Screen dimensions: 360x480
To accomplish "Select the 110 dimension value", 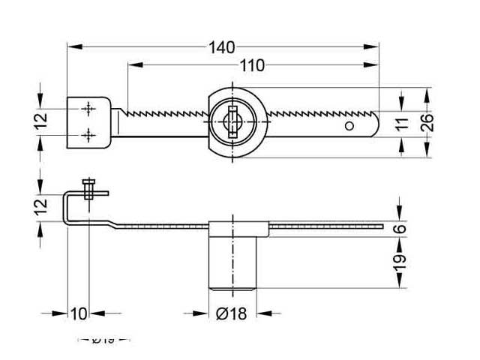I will point(252,66).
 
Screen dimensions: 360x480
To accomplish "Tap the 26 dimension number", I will point(424,123).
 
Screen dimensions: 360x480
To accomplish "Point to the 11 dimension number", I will point(403,123).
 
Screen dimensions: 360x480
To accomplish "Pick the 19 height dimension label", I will point(400,260).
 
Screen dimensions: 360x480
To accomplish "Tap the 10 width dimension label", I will point(78,313).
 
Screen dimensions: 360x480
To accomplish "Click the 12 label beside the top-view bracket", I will point(41,121).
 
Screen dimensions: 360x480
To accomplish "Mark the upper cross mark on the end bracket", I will point(90,109).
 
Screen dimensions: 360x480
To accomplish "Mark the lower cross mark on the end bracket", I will point(90,134).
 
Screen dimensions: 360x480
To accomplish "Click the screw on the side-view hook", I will point(90,187).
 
